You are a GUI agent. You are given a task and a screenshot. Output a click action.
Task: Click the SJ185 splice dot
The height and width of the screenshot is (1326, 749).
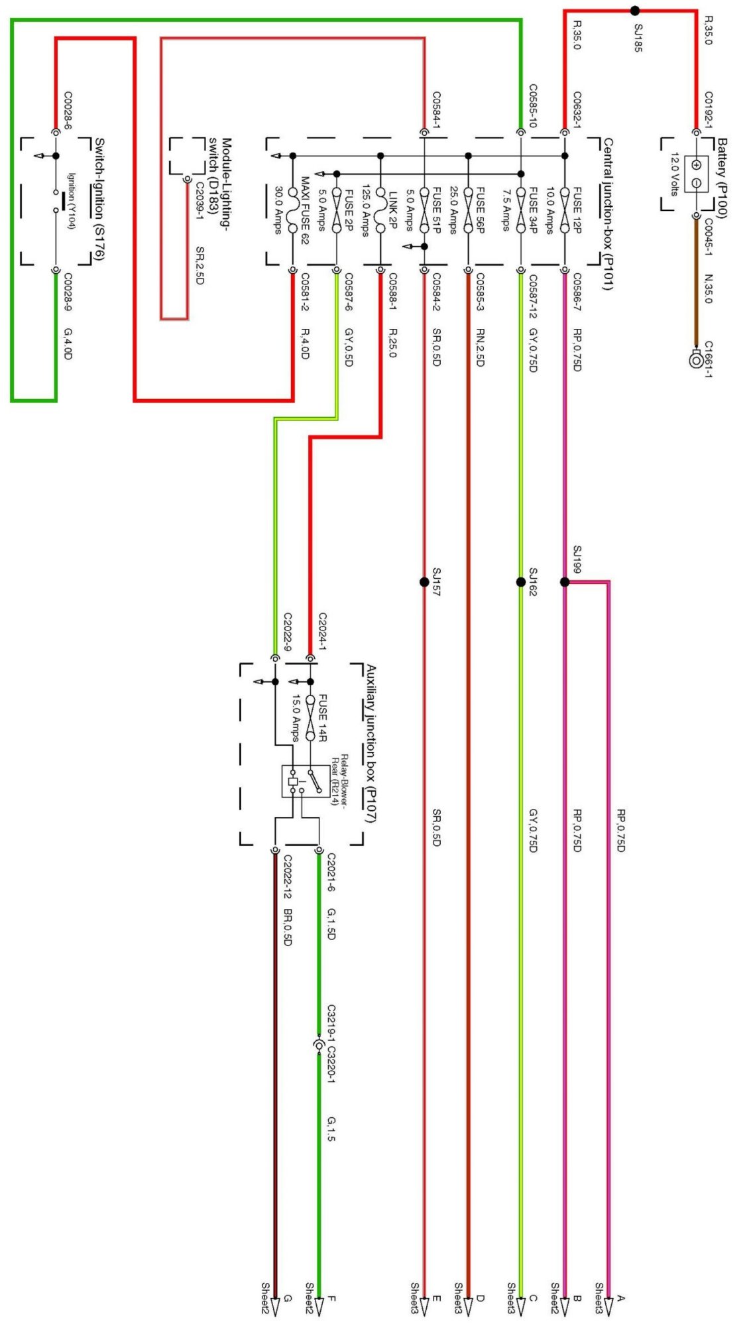tap(634, 11)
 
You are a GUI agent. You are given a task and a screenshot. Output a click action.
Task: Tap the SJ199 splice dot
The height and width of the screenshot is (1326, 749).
tap(564, 582)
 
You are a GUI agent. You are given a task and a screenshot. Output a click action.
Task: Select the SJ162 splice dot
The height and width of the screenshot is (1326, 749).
tap(521, 582)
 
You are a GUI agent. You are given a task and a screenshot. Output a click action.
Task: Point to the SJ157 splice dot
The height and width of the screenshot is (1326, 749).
tap(424, 582)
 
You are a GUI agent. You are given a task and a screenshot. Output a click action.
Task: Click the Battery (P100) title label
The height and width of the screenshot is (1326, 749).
tap(722, 178)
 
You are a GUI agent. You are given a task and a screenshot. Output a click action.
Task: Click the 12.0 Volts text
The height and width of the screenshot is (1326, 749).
tap(675, 174)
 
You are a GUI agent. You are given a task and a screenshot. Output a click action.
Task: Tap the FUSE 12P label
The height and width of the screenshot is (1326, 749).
tap(577, 210)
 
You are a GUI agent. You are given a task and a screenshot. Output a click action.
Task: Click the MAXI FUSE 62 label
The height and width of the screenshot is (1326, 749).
tap(305, 210)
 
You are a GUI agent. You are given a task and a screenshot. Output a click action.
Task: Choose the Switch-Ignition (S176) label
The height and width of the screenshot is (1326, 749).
tap(99, 199)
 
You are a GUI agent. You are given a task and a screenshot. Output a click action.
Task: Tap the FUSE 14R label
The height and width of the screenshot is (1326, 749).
tap(323, 718)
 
